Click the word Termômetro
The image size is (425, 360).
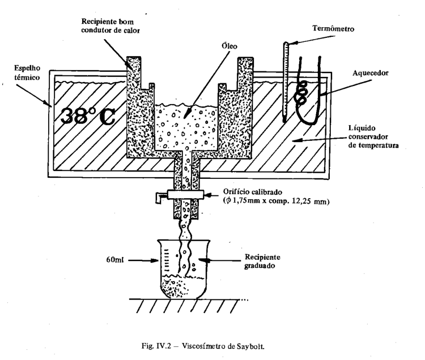(333, 29)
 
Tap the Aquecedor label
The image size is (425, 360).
(370, 73)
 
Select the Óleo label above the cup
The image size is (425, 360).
(229, 46)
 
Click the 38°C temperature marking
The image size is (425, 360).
(88, 117)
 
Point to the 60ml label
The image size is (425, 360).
(115, 260)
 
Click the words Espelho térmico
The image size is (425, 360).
(27, 73)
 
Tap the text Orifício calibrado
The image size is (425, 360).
(253, 192)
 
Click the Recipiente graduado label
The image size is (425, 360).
(262, 261)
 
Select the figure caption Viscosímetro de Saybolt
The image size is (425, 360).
(223, 346)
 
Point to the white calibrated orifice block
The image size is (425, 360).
(185, 195)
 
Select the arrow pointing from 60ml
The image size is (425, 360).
(143, 261)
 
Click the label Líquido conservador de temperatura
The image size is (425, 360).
(373, 136)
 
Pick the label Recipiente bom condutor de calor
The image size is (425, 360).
(110, 25)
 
